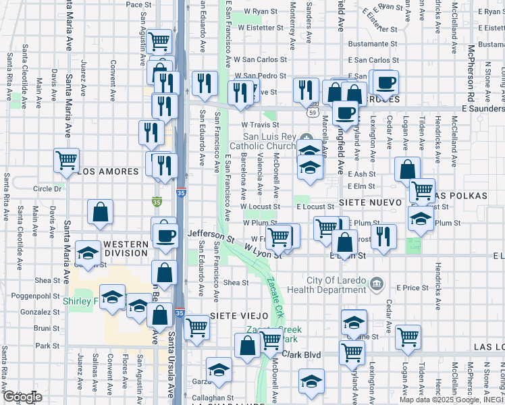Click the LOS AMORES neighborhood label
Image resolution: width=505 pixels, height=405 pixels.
[108, 172]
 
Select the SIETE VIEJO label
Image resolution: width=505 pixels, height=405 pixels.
[239, 315]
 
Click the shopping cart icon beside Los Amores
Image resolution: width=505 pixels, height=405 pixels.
[67, 161]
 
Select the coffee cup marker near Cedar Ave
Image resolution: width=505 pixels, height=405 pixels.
[386, 82]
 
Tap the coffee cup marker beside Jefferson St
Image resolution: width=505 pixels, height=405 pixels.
[165, 236]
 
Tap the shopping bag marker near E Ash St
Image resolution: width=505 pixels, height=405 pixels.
[408, 169]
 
